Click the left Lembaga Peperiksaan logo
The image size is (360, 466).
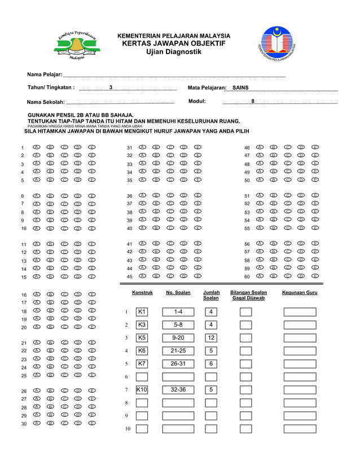coord(77,45)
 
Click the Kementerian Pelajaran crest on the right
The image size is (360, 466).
coord(277,43)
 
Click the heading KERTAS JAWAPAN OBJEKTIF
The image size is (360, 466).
coord(173,43)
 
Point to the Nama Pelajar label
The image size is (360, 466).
coord(45,75)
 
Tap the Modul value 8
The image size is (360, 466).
coord(253,102)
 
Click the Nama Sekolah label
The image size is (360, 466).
coord(46,102)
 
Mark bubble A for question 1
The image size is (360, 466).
coord(36,147)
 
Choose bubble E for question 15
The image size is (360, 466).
coord(92,276)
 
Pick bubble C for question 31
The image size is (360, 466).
coord(170,147)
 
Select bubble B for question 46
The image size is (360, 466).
coord(274,147)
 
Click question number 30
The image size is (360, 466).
coord(24,424)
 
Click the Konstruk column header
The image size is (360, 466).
coord(142,293)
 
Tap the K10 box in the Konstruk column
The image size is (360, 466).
coord(142,389)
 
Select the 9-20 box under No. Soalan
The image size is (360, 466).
coord(178,337)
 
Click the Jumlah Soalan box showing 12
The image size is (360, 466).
coord(211,337)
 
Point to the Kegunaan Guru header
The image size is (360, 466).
coord(300,293)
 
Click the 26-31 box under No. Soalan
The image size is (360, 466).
coord(178,363)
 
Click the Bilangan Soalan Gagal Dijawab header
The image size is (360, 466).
coord(248,295)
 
